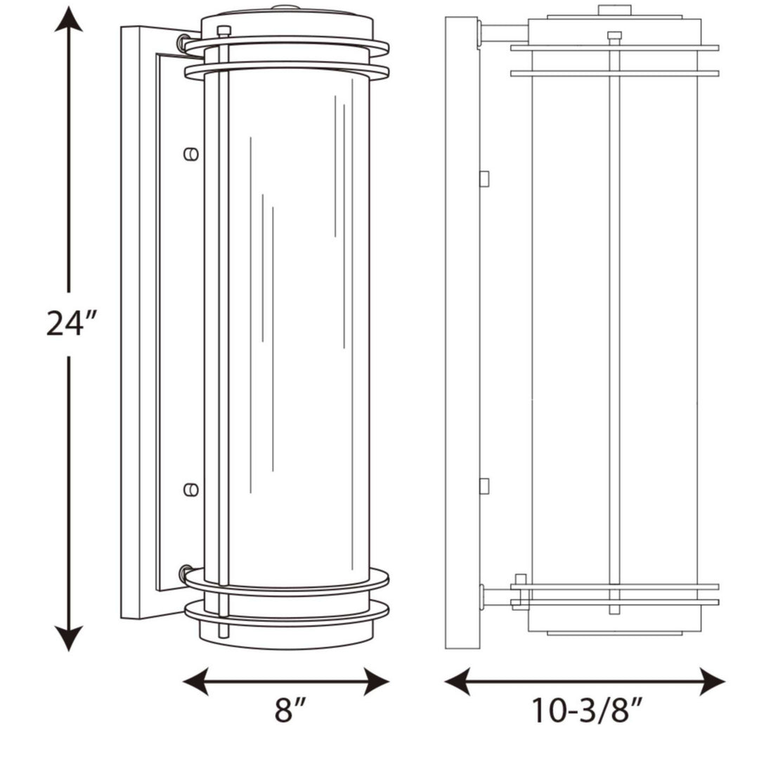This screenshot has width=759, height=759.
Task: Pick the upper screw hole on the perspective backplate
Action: click(x=190, y=153)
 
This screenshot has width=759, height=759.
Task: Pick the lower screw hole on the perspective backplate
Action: click(x=190, y=489)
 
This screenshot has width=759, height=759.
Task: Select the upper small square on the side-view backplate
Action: click(x=484, y=179)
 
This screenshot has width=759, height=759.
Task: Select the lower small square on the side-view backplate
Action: click(x=484, y=485)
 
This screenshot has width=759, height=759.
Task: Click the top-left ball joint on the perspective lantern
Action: click(x=186, y=42)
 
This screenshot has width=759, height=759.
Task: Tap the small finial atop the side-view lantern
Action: click(x=614, y=10)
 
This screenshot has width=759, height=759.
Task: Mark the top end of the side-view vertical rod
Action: click(x=614, y=36)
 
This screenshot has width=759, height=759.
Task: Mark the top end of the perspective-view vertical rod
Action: click(x=223, y=31)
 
